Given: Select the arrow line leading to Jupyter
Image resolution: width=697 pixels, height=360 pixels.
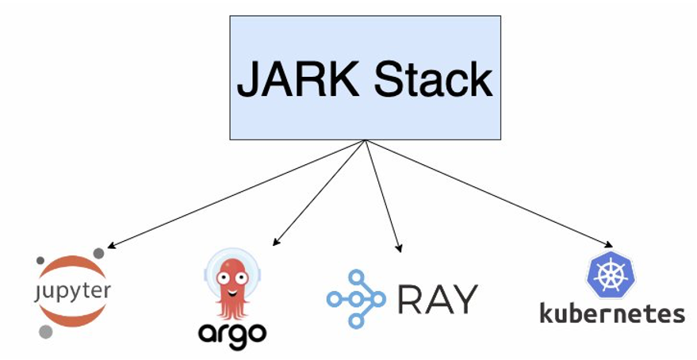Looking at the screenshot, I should (238, 194).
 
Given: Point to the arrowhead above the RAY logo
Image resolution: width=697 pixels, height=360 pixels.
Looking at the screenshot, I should (399, 248).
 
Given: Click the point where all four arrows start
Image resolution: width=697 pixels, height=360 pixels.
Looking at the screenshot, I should (365, 141).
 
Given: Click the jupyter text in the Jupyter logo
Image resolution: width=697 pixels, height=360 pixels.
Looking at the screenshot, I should (73, 290).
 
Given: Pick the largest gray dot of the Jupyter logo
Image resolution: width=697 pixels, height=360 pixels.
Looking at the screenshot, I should (46, 331).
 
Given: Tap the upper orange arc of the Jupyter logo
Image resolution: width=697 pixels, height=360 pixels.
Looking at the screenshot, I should (73, 267).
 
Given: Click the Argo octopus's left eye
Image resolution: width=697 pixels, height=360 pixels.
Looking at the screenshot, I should (223, 278).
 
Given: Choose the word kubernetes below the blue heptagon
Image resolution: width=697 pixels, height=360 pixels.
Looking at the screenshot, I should (612, 312).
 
